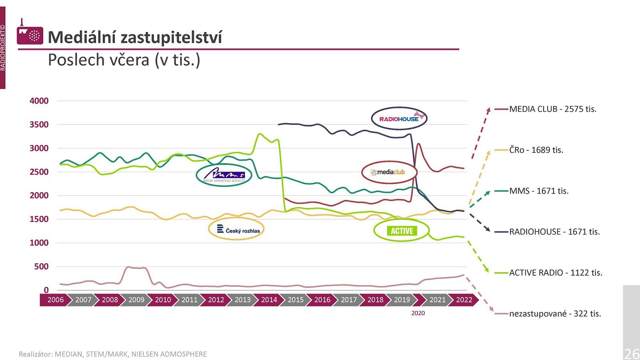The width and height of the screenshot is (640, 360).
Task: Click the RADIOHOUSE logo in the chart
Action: tap(399, 118)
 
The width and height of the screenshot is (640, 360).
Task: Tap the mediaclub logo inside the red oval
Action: tap(388, 172)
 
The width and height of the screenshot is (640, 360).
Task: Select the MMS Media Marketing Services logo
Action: tap(224, 175)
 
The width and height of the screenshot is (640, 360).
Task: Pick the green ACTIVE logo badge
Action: tap(402, 231)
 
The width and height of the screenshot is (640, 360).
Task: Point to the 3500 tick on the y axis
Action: tap(39, 124)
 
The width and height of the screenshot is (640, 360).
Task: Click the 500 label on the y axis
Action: tap(41, 266)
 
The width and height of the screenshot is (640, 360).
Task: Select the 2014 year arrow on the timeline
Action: tap(269, 300)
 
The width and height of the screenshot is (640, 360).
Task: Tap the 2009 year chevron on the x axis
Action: tap(136, 300)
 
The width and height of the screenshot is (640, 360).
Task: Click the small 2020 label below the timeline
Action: tap(418, 313)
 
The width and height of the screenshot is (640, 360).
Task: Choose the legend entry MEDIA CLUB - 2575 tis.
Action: tap(552, 109)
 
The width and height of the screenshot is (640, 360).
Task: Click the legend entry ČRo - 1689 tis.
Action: tap(536, 150)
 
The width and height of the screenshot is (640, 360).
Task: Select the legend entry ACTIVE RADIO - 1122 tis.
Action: tap(555, 273)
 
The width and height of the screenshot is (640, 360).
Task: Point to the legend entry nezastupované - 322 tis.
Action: tap(555, 314)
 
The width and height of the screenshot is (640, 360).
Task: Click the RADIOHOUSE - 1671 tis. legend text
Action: tap(554, 232)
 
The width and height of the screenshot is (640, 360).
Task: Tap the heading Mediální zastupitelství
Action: tap(135, 37)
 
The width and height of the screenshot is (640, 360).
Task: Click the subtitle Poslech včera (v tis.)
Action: tap(124, 60)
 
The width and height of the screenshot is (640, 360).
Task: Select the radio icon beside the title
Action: tap(30, 34)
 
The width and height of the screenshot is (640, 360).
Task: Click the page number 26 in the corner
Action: tap(632, 354)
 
